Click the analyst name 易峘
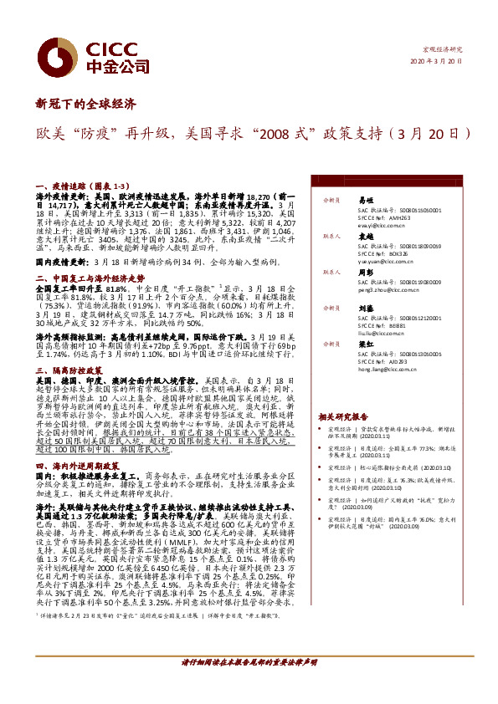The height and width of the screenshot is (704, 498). pyautogui.click(x=365, y=202)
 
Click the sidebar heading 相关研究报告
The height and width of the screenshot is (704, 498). pyautogui.click(x=343, y=416)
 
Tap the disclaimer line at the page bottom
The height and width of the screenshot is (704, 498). pyautogui.click(x=249, y=661)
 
